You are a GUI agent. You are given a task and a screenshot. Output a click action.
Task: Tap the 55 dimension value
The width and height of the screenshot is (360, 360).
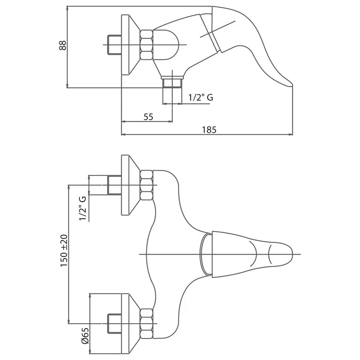click(x=148, y=117)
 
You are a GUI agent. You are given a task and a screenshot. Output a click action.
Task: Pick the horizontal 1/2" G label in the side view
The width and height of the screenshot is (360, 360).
click(x=201, y=97)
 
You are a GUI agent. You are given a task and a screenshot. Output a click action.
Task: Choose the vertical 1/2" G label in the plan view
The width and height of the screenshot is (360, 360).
click(x=83, y=208)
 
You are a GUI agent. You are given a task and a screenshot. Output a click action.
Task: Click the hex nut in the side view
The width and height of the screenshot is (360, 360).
click(x=146, y=45)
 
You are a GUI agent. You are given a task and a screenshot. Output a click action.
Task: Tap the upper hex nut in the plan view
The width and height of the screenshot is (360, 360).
click(x=146, y=185)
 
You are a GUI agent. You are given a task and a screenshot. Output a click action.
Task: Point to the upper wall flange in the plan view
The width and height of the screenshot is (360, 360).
click(x=129, y=185)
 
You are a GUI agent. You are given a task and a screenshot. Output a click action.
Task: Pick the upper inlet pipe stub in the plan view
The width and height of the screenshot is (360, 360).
click(x=114, y=185)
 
